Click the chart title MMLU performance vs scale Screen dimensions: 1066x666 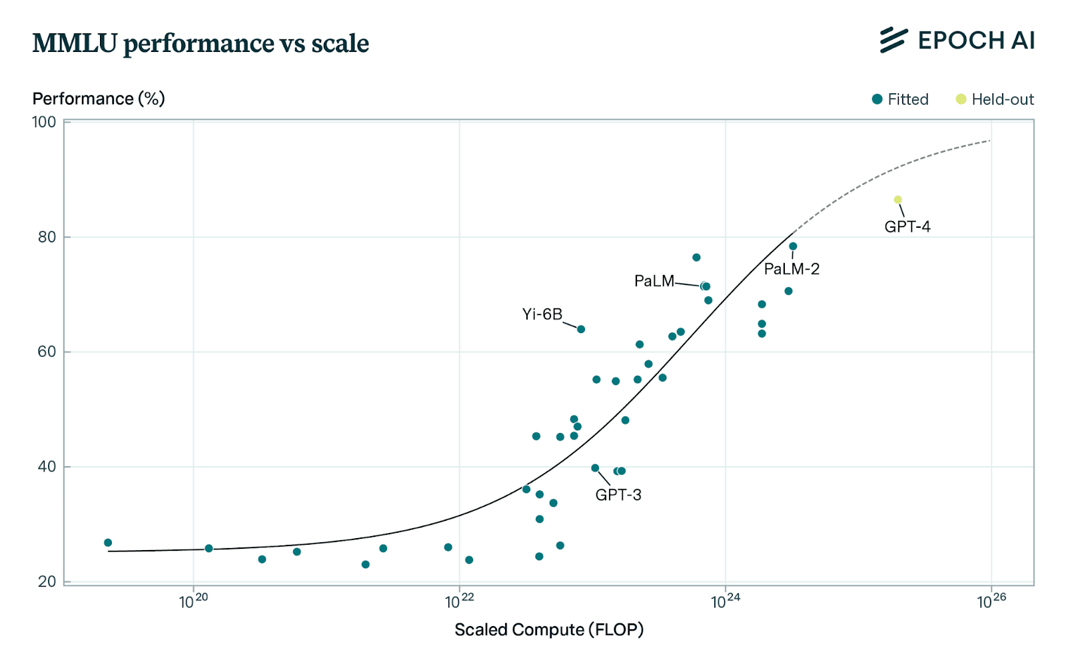pos(201,43)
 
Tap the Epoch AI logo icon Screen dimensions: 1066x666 pos(893,40)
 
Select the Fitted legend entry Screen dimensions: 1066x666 pos(900,99)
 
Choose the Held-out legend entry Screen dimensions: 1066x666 pos(995,99)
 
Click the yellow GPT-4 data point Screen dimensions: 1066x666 pos(897,200)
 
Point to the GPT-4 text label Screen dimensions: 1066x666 pos(907,226)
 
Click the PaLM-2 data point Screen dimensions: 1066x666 pos(793,246)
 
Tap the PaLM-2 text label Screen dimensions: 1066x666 pos(792,269)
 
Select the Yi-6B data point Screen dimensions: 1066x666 pos(580,329)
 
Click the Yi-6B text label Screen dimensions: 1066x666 pos(542,314)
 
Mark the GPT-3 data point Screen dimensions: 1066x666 pos(595,468)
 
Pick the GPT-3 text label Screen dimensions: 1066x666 pos(618,495)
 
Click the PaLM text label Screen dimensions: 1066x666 pos(654,281)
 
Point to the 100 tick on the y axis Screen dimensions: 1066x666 pos(44,123)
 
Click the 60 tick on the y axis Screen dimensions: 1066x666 pos(47,352)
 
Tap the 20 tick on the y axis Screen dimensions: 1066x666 pos(47,582)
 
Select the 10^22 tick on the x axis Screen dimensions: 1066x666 pos(459,601)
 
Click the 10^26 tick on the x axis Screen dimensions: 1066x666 pos(991,601)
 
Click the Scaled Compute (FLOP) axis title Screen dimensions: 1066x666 pos(549,630)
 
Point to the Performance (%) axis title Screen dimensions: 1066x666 pos(99,99)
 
